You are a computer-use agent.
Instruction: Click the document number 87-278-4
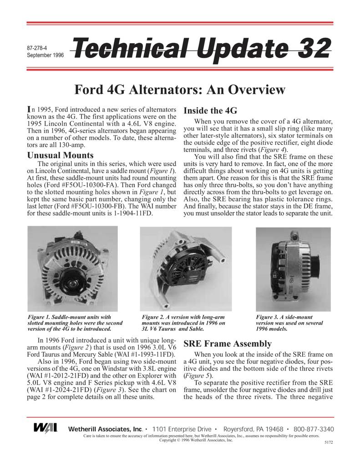[38, 47]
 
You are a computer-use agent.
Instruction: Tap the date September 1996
[45, 55]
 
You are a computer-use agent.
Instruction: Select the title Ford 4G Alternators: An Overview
[180, 90]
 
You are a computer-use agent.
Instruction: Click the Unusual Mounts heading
[61, 155]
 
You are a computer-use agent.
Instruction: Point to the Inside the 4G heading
[210, 111]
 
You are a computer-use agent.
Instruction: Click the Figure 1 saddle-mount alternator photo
[72, 268]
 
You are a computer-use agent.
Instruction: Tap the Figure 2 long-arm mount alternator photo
[186, 268]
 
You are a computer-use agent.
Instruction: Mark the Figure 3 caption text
[289, 323]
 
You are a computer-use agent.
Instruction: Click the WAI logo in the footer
[45, 429]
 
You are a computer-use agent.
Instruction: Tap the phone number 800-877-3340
[314, 429]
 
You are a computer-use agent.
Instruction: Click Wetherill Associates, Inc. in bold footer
[106, 429]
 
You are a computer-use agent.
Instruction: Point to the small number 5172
[328, 442]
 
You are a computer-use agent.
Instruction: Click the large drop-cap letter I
[30, 109]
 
